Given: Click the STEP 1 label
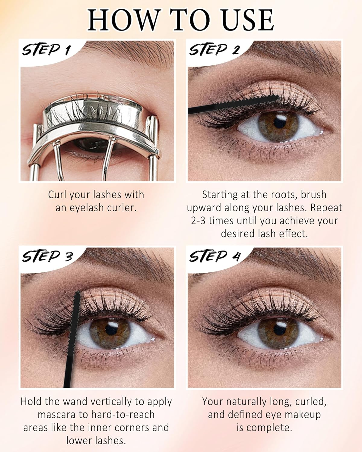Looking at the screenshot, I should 45,50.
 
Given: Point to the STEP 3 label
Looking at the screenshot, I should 47,257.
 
